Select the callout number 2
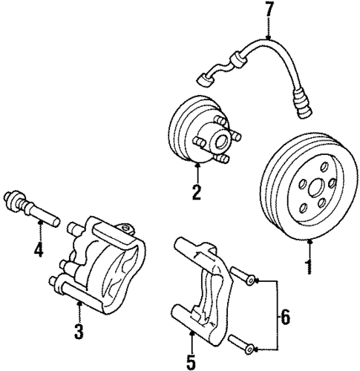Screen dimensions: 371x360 tap(197, 193)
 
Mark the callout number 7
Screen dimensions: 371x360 tap(269, 12)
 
